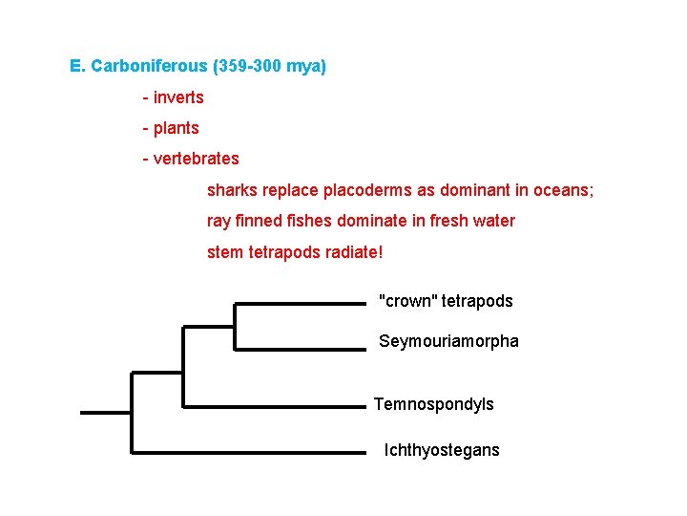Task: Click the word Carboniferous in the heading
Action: [149, 67]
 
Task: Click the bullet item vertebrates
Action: [196, 159]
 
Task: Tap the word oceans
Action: [565, 190]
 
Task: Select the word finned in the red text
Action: [262, 221]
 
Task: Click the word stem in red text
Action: [223, 252]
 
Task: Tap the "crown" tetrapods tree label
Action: [446, 301]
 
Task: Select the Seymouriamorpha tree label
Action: [448, 341]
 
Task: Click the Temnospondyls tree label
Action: [434, 404]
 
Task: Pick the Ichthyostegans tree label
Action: [442, 450]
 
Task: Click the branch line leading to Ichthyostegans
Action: [248, 451]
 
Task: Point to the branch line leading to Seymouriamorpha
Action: [301, 349]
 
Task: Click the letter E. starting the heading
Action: [78, 67]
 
